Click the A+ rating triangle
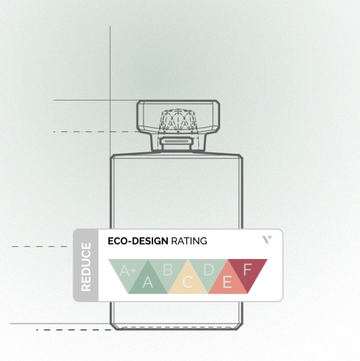tap(127, 269)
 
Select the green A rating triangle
tap(148, 281)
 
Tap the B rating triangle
tap(168, 269)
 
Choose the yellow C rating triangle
tap(188, 281)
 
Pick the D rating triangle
tap(208, 269)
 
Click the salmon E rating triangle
tap(227, 281)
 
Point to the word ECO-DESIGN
tap(137, 240)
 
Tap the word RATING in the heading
tap(189, 240)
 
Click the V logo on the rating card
tap(266, 239)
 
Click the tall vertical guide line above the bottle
tap(110, 62)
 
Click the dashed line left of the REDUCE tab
tap(41, 247)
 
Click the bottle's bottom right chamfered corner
tap(240, 325)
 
